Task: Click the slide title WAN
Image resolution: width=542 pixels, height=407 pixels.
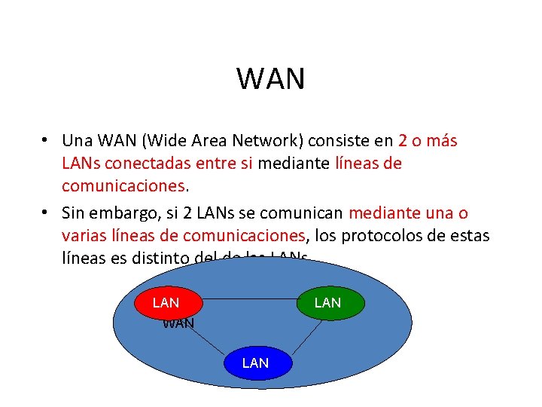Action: (271, 78)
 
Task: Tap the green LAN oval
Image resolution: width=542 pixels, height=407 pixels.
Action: (327, 303)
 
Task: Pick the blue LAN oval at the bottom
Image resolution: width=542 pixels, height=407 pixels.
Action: (255, 363)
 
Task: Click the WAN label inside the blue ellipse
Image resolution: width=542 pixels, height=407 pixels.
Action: (178, 324)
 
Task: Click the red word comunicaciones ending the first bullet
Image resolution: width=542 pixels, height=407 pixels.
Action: (123, 185)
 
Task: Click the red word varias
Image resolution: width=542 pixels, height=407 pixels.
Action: (84, 236)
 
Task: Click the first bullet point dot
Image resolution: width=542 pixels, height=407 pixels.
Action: (47, 141)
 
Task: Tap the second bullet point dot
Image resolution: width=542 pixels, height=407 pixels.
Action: (47, 213)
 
